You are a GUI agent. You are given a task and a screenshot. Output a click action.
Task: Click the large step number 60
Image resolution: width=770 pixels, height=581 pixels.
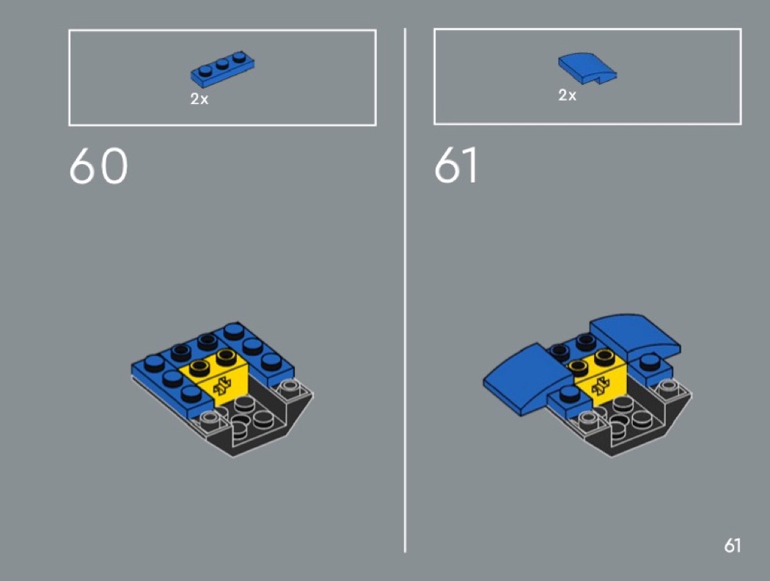[x=99, y=166]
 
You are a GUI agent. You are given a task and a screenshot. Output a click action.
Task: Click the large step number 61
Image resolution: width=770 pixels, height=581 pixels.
[x=455, y=166]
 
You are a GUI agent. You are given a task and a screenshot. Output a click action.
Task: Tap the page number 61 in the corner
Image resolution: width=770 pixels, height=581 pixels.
[x=732, y=545]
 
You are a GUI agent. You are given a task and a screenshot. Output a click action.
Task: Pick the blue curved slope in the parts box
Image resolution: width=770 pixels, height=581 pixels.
[x=587, y=68]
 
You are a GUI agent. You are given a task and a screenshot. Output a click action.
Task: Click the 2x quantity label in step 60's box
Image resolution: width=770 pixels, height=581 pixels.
[x=199, y=99]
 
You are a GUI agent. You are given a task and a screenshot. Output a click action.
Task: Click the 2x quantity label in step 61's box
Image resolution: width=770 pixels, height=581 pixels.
[x=567, y=95]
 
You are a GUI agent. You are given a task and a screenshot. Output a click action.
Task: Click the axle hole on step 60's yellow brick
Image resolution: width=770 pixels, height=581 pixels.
[x=223, y=386]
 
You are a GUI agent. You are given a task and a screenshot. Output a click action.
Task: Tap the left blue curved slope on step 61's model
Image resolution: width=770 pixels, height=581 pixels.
[x=526, y=378]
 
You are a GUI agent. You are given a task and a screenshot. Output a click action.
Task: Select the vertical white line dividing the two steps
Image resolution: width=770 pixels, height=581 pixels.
[x=405, y=290]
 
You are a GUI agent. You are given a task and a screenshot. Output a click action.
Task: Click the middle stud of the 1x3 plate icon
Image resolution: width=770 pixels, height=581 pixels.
[x=222, y=64]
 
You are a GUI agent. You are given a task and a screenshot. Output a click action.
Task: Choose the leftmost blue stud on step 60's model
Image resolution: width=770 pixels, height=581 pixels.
[x=155, y=363]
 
